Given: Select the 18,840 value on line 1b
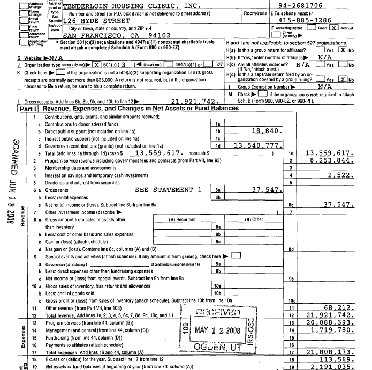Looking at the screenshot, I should pyautogui.click(x=265, y=130).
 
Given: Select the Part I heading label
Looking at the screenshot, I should pyautogui.click(x=26, y=108).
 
